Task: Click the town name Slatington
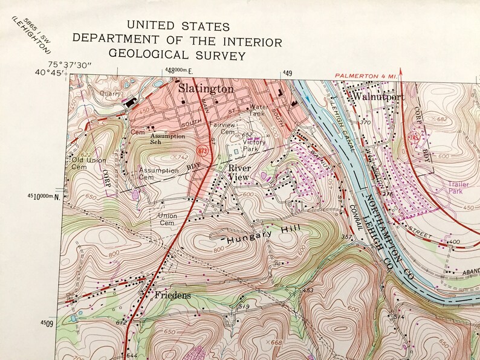206,89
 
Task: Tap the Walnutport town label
378,95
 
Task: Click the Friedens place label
172,296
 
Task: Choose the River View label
238,173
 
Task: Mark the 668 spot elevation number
277,343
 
